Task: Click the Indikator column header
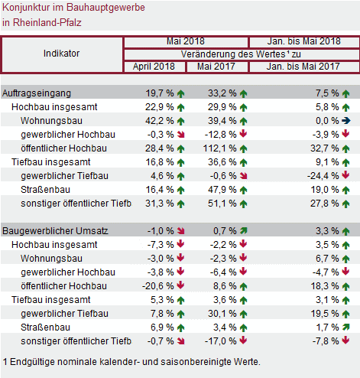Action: click(61, 54)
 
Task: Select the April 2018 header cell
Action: click(154, 67)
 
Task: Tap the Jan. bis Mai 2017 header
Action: click(303, 67)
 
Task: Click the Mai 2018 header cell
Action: click(186, 41)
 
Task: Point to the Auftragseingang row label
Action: click(37, 93)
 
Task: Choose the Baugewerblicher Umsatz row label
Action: click(55, 231)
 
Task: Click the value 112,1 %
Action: click(219, 148)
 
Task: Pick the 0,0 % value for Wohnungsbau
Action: click(327, 121)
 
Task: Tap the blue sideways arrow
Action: click(346, 121)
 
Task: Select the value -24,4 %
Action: click(323, 176)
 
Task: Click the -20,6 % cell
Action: click(158, 286)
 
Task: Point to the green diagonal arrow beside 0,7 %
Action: click(244, 231)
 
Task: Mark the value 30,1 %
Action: click(222, 314)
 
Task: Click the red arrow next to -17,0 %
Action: click(244, 341)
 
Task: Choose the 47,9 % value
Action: click(222, 190)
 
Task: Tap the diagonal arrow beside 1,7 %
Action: click(346, 327)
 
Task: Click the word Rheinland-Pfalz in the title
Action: click(47, 23)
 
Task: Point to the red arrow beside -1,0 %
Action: click(181, 231)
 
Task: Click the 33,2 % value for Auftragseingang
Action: click(222, 93)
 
